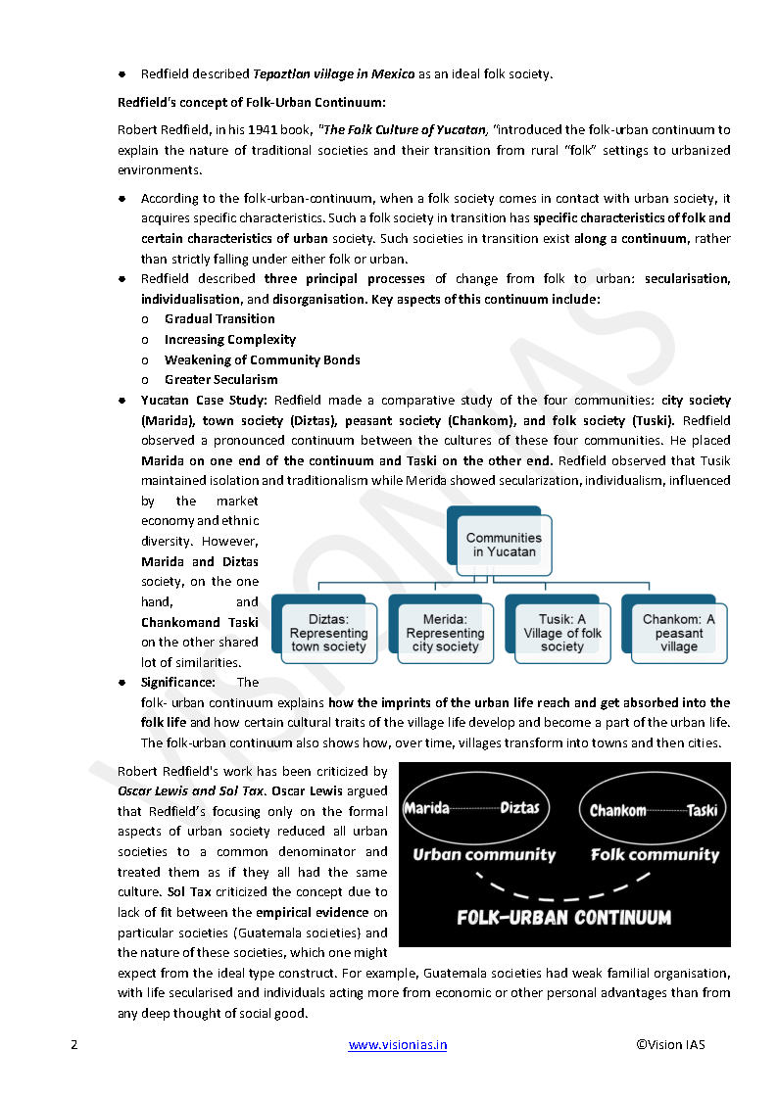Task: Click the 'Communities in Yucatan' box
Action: click(x=503, y=545)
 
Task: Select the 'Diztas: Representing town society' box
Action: click(x=328, y=633)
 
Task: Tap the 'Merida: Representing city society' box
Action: click(x=445, y=633)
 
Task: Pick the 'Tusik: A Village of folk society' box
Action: click(x=562, y=633)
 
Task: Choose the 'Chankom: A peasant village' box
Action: click(x=678, y=633)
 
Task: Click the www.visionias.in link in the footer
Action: click(x=398, y=1044)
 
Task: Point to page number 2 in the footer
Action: click(x=73, y=1044)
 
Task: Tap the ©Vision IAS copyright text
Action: click(x=670, y=1044)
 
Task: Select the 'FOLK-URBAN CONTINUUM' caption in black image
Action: click(x=564, y=918)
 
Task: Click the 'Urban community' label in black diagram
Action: click(x=484, y=854)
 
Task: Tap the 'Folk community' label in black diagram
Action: click(x=655, y=854)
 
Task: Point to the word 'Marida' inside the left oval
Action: click(x=427, y=808)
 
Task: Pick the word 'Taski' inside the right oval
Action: click(x=702, y=810)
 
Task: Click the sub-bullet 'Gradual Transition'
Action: click(x=219, y=318)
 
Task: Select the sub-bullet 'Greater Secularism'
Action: click(x=221, y=379)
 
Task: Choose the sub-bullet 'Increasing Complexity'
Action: click(x=230, y=339)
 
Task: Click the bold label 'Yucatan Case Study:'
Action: click(x=204, y=400)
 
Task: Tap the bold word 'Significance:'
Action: click(x=178, y=682)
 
